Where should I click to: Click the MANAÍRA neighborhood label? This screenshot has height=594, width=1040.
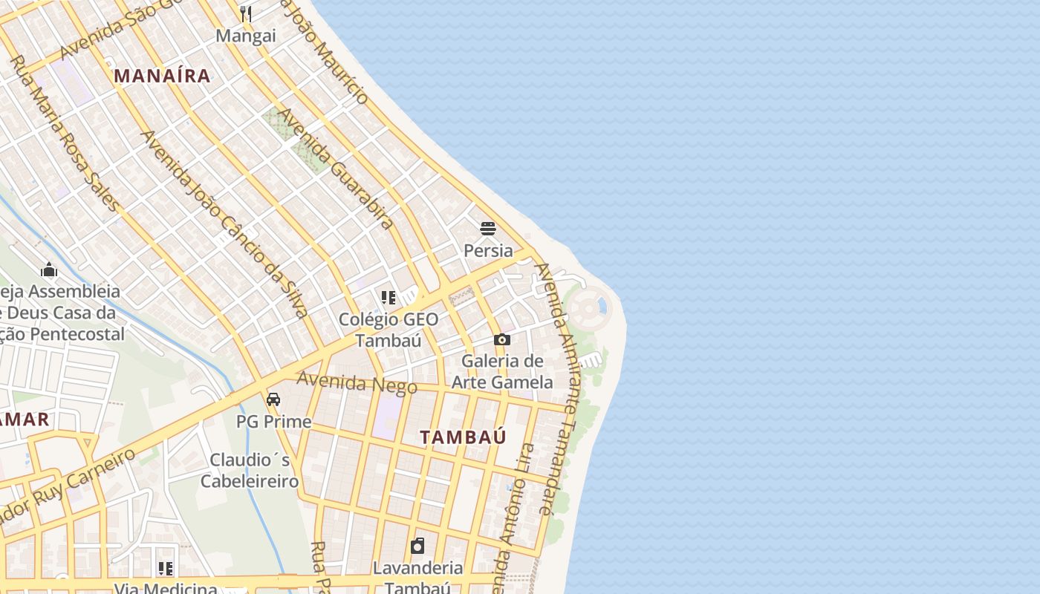click(162, 76)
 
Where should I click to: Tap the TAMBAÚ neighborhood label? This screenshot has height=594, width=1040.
click(463, 437)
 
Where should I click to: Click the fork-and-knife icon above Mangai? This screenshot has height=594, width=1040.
click(246, 13)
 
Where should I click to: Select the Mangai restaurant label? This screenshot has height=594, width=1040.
click(246, 36)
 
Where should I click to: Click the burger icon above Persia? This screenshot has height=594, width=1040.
click(488, 228)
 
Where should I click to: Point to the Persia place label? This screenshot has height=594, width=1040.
click(488, 250)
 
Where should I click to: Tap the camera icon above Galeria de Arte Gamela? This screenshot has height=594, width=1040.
click(502, 340)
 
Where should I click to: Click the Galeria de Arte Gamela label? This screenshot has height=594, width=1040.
click(503, 372)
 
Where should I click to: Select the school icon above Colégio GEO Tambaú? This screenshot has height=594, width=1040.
click(388, 298)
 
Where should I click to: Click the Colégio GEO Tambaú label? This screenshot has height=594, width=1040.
click(388, 330)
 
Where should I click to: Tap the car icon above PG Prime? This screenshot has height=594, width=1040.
click(273, 399)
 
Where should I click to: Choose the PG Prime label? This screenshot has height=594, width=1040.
click(273, 422)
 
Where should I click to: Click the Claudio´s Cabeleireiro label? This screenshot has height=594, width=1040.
click(250, 471)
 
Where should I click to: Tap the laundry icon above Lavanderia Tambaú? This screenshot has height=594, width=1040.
click(417, 546)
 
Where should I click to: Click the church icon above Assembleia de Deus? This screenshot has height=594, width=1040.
click(49, 269)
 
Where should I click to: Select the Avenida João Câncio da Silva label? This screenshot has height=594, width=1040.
click(224, 223)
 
